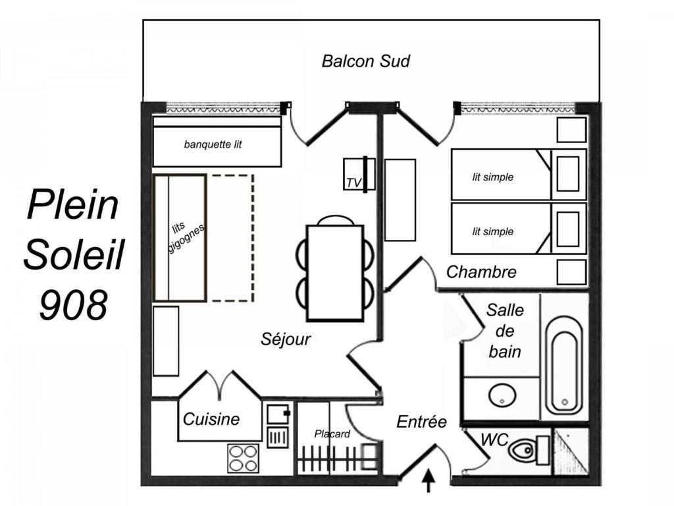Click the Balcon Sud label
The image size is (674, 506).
tap(366, 61)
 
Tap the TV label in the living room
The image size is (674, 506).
tap(353, 183)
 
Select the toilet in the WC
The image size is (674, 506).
tap(529, 451)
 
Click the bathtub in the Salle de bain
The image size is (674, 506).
tap(564, 366)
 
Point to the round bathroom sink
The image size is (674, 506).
tap(502, 395)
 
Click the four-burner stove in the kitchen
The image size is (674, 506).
tap(244, 459)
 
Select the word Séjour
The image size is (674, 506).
tap(286, 339)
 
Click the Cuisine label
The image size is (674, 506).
tap(211, 419)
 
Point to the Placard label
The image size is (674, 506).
tap(332, 434)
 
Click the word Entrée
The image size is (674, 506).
tap(421, 422)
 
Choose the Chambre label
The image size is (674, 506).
tap(481, 272)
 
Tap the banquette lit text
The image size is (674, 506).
tap(213, 144)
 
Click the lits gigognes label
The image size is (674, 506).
tap(185, 237)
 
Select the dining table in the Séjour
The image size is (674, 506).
tap(335, 273)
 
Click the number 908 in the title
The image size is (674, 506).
tap(73, 304)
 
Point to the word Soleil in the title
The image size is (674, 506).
tap(74, 254)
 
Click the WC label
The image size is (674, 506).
tap(494, 440)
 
